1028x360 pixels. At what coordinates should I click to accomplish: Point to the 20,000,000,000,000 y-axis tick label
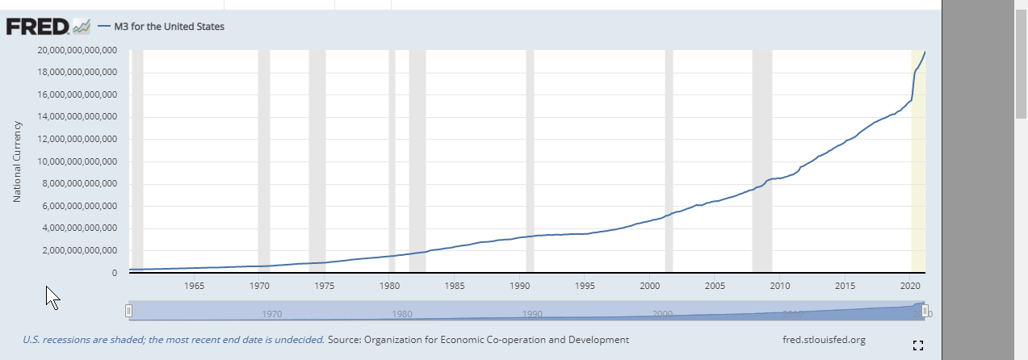tap(78, 50)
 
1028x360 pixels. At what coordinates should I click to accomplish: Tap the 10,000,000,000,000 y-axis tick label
tap(78, 161)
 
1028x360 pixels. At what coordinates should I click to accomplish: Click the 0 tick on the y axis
tap(114, 274)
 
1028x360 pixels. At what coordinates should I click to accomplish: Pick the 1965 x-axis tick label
tap(194, 286)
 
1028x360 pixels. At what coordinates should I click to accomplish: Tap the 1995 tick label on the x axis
tap(585, 286)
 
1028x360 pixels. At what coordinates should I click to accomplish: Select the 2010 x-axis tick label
tap(780, 286)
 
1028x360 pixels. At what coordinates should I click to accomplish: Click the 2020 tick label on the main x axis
tap(910, 286)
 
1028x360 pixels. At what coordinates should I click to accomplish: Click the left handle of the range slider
tap(128, 311)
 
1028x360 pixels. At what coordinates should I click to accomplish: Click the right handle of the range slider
tap(925, 311)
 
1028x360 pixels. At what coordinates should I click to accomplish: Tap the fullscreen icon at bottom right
tap(917, 345)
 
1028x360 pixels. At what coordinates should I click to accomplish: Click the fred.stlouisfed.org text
tap(824, 340)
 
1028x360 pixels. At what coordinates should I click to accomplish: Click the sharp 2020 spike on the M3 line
tap(913, 81)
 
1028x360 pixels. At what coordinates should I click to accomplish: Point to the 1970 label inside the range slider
tap(271, 314)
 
